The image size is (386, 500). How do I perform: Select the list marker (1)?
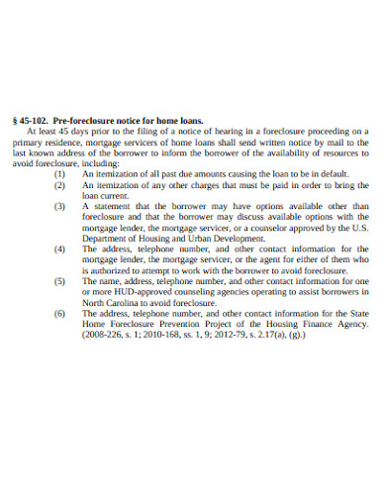click(61, 172)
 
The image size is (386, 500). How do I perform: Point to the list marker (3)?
click(61, 206)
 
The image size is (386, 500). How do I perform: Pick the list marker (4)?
click(61, 250)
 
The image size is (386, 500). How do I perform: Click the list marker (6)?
click(61, 313)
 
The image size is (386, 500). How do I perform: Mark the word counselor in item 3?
click(279, 228)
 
